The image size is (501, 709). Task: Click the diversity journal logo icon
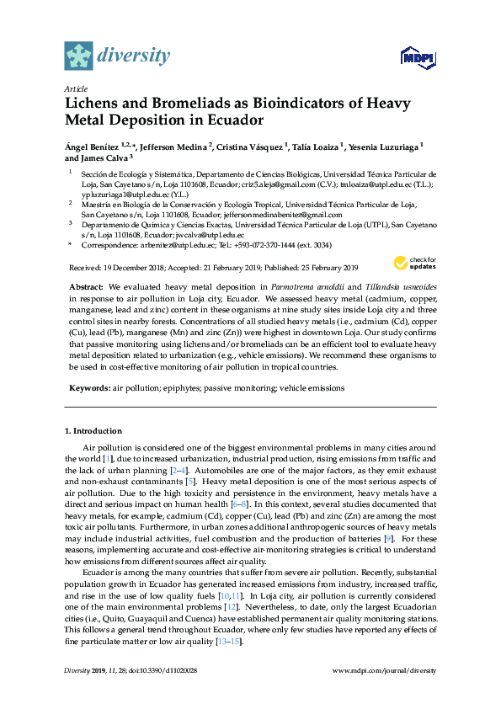(78, 56)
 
